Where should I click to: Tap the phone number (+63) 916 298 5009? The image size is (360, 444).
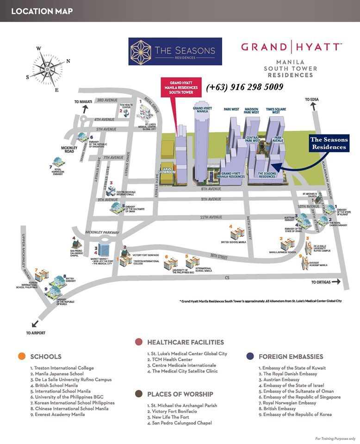click(244, 86)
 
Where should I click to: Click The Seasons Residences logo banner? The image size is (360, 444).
click(175, 51)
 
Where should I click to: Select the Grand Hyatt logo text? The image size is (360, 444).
click(291, 47)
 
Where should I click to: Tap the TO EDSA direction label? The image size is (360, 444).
click(313, 99)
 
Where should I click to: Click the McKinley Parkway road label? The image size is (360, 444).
click(102, 232)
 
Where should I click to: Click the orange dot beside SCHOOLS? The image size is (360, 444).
click(21, 357)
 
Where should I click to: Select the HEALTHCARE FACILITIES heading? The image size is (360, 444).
click(185, 342)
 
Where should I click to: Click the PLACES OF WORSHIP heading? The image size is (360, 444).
click(180, 394)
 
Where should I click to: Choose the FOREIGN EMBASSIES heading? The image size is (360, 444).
click(291, 357)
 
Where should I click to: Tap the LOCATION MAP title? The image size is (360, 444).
click(42, 11)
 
